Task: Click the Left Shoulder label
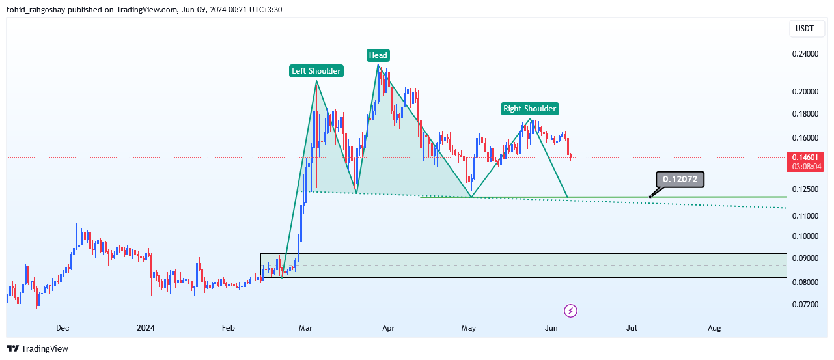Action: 316,71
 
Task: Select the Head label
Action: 378,55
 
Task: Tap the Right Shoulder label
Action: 529,109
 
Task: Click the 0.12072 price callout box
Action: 680,179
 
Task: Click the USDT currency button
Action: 805,29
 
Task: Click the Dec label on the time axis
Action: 63,328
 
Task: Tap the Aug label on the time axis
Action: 714,328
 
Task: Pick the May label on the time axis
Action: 469,328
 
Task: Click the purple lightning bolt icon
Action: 571,311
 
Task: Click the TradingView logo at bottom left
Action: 37,348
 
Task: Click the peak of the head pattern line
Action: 378,65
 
